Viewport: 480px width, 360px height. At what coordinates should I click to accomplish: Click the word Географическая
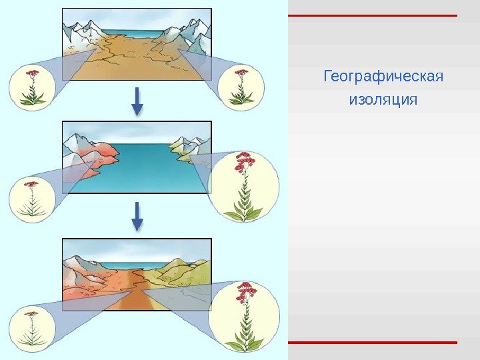pyautogui.click(x=383, y=77)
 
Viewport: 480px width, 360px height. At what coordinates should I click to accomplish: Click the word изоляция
pyautogui.click(x=383, y=101)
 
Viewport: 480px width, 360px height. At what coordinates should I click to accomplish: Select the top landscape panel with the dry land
pyautogui.click(x=137, y=44)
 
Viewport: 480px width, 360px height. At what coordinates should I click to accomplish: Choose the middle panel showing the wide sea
pyautogui.click(x=137, y=157)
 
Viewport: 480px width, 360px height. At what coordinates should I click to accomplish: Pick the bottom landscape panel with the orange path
pyautogui.click(x=137, y=274)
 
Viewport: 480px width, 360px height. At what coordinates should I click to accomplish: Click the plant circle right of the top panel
pyautogui.click(x=242, y=87)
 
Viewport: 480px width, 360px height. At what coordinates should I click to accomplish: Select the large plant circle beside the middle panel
pyautogui.click(x=244, y=186)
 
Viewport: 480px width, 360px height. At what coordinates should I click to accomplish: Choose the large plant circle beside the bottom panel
pyautogui.click(x=244, y=316)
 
